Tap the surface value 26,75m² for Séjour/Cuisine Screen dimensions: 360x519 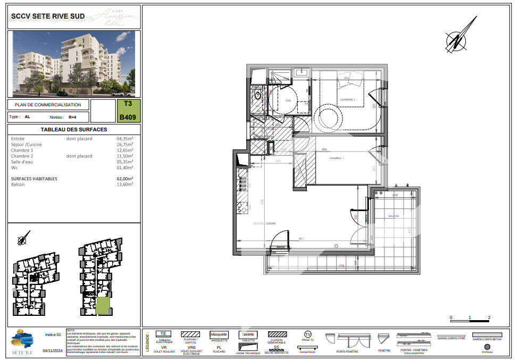click(125, 145)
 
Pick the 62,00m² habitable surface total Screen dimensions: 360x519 click(125, 179)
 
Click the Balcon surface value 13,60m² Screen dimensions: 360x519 click(125, 185)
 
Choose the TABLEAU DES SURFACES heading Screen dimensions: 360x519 click(74, 130)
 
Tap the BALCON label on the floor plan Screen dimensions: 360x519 click(394, 216)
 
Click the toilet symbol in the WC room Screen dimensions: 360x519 click(258, 96)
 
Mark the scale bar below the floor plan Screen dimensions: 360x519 click(470, 321)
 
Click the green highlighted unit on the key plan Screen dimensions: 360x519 click(103, 306)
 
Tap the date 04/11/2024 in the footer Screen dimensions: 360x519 click(53, 350)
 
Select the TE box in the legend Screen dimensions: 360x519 click(164, 334)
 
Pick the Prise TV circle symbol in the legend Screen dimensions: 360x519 click(307, 334)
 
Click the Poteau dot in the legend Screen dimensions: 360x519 click(487, 346)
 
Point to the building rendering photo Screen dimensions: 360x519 click(74, 63)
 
